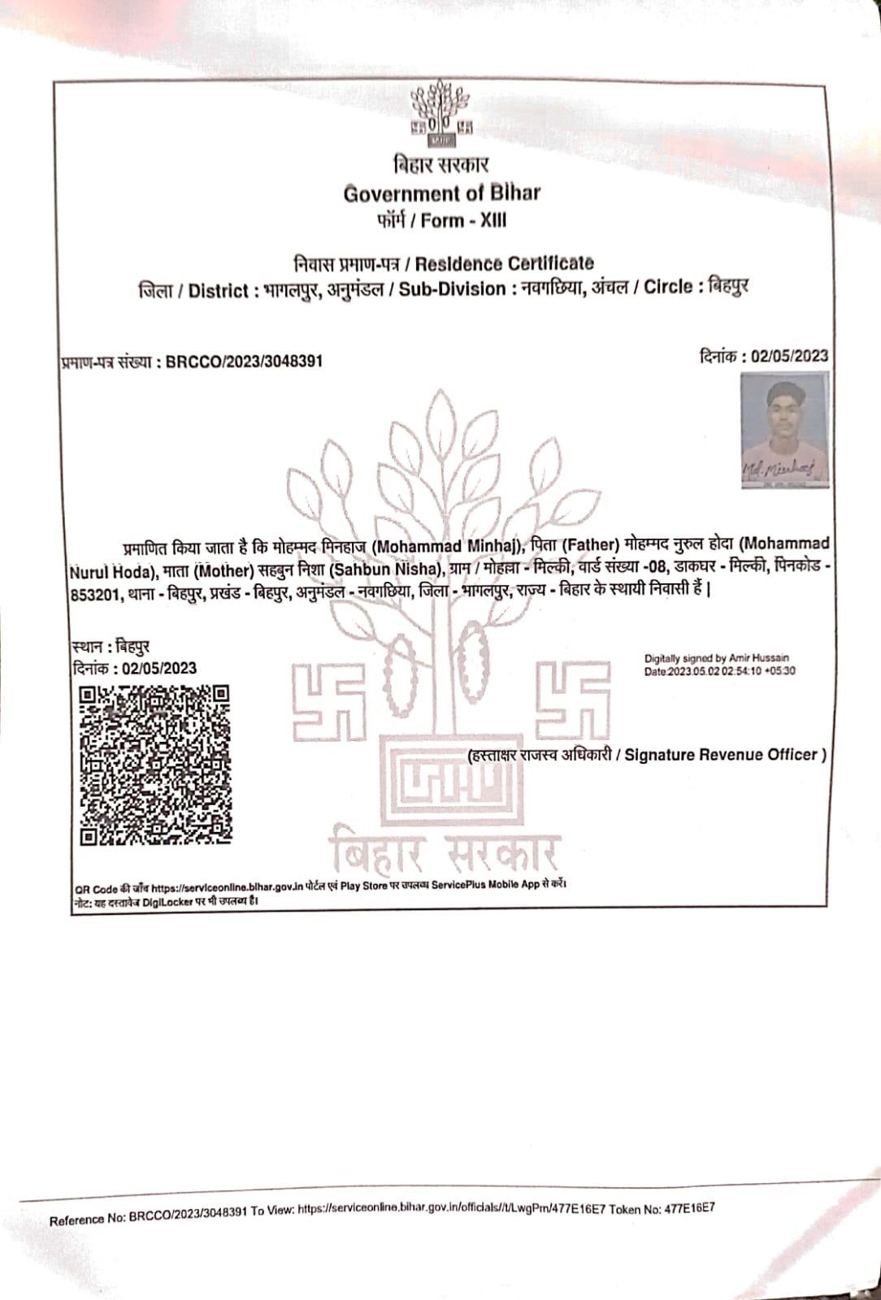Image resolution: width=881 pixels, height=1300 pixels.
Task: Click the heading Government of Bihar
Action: coord(441,193)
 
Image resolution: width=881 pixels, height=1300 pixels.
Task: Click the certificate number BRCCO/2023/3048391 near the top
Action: coord(244,362)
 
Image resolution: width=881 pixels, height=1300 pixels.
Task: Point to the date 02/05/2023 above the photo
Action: coord(789,355)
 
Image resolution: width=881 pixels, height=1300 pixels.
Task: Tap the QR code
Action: coord(154,765)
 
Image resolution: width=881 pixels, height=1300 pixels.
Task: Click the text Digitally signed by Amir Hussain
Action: coord(716,658)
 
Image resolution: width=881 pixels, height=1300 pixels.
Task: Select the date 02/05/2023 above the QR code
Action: coord(154,669)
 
